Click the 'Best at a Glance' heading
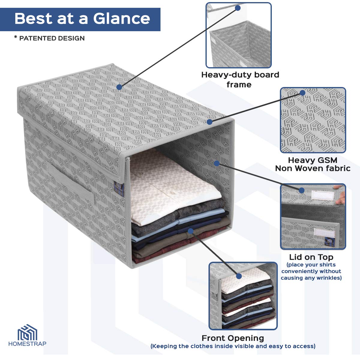[82, 19]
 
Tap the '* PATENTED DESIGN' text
[49, 38]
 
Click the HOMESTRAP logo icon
[27, 332]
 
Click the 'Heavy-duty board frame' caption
[240, 79]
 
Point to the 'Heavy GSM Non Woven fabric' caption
[313, 164]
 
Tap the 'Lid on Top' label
[311, 257]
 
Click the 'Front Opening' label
[233, 338]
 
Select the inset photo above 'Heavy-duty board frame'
[238, 35]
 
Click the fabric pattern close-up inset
[313, 120]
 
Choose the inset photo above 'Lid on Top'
[313, 217]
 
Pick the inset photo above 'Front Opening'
[243, 296]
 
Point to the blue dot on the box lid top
[119, 87]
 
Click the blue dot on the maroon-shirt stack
[190, 231]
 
